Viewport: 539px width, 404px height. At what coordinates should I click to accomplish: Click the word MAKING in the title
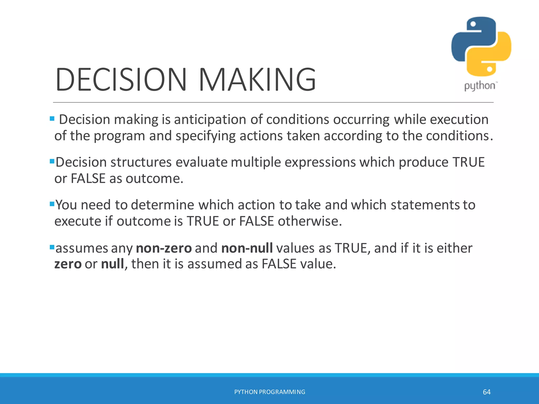(257, 80)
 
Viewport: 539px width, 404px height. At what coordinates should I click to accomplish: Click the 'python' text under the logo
(480, 86)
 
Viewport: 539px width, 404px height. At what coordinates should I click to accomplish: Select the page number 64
(487, 392)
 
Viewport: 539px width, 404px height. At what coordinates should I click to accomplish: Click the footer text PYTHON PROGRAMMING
(269, 392)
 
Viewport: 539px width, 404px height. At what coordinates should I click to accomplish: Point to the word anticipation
(210, 120)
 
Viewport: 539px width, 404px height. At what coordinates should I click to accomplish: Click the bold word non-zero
(164, 248)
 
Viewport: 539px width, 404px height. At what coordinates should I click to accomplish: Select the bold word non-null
(247, 248)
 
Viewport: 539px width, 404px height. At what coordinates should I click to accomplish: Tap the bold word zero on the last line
(68, 264)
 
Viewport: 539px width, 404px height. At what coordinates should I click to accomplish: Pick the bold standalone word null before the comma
(112, 264)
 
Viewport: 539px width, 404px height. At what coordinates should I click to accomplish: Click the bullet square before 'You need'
(52, 204)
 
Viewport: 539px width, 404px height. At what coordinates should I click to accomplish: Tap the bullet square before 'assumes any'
(52, 247)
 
